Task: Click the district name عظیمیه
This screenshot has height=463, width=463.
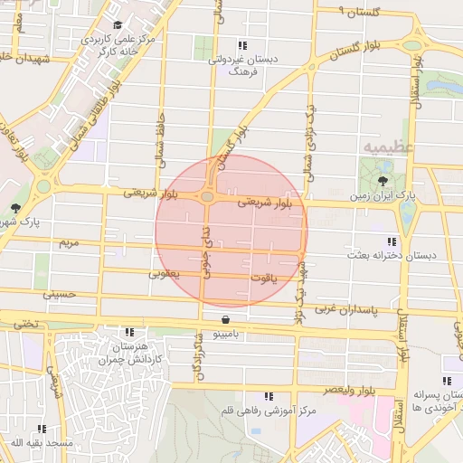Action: [389, 146]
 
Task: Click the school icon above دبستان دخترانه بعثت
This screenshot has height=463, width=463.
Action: [392, 241]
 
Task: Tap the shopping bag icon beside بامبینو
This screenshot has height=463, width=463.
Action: [225, 319]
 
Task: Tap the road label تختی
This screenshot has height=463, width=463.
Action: [26, 322]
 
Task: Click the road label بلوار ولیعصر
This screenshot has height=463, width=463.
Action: [371, 391]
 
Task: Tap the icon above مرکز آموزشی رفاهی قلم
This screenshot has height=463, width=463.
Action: [268, 396]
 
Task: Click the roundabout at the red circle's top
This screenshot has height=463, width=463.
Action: [208, 196]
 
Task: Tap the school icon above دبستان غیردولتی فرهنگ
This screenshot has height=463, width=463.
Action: [241, 44]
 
